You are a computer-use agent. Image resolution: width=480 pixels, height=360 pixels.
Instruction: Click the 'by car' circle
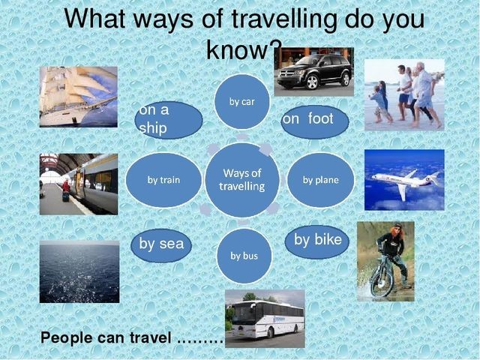tap(241, 102)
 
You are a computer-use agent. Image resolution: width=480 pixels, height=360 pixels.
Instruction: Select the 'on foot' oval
tap(315, 121)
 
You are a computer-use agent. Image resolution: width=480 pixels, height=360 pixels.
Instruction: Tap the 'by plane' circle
tap(320, 180)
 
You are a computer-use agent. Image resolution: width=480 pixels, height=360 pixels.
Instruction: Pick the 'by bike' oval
tap(317, 241)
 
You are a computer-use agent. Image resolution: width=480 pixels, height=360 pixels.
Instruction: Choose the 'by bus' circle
tap(244, 256)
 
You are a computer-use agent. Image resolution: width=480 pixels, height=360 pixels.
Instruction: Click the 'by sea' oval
tap(161, 245)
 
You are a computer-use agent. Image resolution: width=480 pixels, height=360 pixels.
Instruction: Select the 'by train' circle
tap(163, 180)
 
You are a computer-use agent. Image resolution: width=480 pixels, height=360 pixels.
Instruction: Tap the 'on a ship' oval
tap(169, 120)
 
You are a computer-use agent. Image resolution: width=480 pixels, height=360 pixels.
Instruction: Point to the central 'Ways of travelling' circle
tap(241, 180)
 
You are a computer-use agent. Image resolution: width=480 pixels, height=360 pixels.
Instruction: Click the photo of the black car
tap(313, 72)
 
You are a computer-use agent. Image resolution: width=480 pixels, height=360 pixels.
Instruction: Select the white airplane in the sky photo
tap(406, 182)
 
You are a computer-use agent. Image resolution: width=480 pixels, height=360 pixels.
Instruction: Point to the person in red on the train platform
tap(66, 190)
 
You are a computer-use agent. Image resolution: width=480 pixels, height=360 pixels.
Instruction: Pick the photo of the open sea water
tap(79, 271)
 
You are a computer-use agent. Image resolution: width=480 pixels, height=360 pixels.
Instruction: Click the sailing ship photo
tap(78, 97)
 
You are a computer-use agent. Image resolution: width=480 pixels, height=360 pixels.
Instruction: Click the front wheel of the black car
tap(312, 82)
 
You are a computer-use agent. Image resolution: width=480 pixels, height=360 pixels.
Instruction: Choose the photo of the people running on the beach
tap(404, 95)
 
